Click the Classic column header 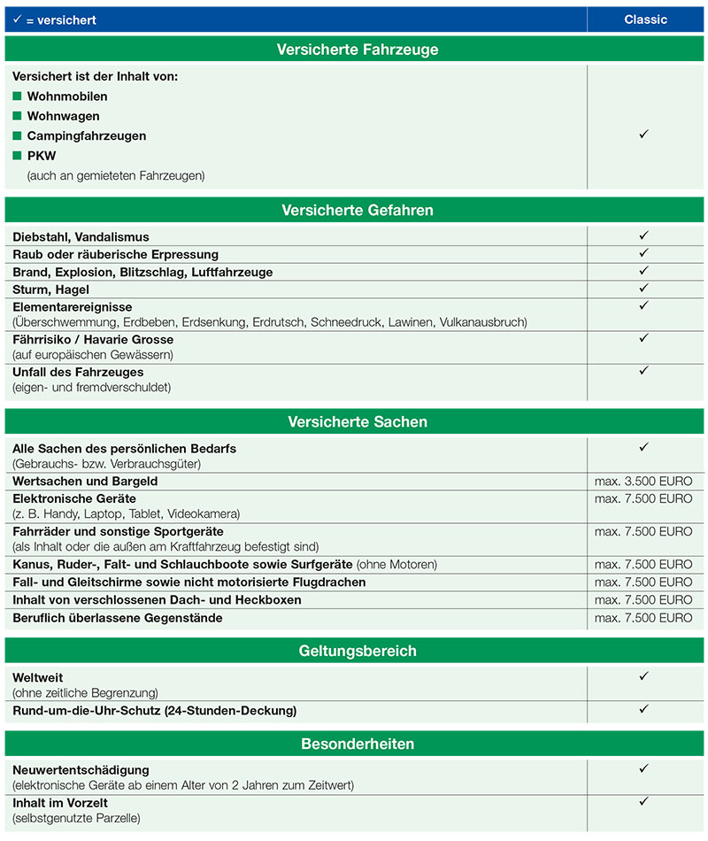[x=645, y=19]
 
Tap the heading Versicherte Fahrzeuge [x=357, y=50]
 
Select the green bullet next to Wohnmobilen [x=17, y=96]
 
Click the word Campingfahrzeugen [x=87, y=135]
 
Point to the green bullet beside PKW [x=17, y=156]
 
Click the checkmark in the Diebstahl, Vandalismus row [x=644, y=235]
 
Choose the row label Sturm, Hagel [x=51, y=289]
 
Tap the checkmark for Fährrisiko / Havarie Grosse [x=644, y=338]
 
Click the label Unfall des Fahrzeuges [x=78, y=372]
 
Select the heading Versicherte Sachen [x=357, y=422]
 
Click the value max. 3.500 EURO [x=643, y=482]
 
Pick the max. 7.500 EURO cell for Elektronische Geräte [x=643, y=499]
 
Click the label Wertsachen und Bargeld [x=85, y=481]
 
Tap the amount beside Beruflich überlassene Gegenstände [x=643, y=618]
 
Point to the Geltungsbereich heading [x=357, y=652]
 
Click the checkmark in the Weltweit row [x=644, y=676]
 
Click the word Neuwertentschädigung [x=81, y=769]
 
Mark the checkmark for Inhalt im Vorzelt [x=644, y=801]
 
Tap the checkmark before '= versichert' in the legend [x=17, y=19]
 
